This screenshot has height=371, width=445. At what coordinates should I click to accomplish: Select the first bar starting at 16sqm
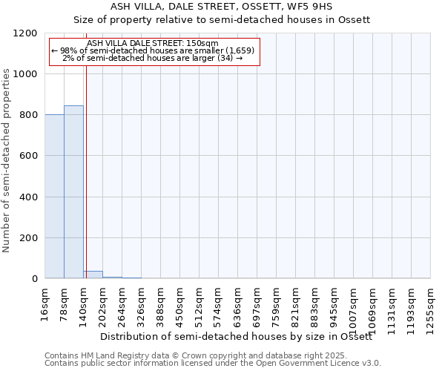tap(54, 197)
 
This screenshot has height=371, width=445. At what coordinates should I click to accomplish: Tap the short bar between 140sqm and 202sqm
tap(93, 275)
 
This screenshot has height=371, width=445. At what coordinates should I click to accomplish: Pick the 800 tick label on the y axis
tap(27, 115)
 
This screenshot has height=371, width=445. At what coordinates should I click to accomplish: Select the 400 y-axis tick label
tap(27, 197)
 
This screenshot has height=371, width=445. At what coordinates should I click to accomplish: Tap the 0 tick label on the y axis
tap(34, 279)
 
